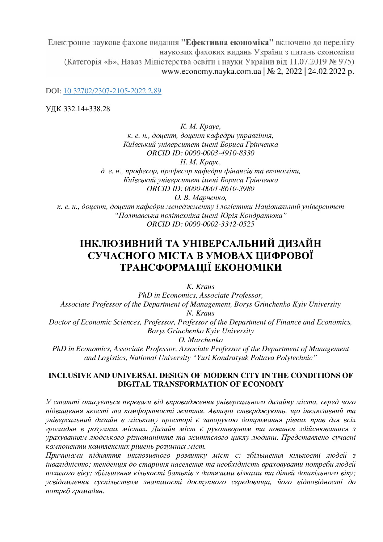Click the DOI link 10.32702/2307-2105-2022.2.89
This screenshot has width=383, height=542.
112,91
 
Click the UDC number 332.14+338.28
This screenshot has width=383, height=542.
87,109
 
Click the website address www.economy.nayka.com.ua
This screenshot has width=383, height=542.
211,72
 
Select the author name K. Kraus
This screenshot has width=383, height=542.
200,286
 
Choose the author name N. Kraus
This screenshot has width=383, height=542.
200,313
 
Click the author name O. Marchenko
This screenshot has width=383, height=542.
200,340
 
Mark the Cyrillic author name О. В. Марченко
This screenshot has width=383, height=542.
200,197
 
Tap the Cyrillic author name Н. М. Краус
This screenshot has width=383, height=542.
200,162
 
